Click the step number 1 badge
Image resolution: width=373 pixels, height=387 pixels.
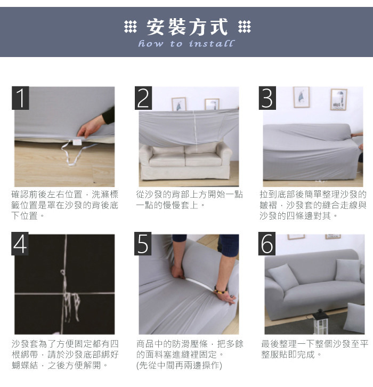point(20,98)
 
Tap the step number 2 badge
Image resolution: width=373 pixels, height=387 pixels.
point(143,98)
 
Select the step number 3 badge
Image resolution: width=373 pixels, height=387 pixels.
point(267,98)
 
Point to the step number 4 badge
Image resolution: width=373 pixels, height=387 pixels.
point(20,244)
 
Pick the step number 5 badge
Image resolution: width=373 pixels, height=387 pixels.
point(143,244)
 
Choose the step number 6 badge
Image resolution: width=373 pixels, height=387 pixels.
point(267,244)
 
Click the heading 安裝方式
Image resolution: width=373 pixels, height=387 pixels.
point(187,27)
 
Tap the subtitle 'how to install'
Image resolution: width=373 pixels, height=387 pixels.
point(186,44)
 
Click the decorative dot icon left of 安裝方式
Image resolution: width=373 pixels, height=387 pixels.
point(130,27)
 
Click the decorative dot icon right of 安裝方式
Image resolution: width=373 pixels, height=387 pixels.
point(245,27)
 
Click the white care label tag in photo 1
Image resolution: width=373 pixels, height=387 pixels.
point(76,142)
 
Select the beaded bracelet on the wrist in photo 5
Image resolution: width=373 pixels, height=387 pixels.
point(220,290)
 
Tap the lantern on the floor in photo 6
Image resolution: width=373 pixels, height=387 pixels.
point(320,321)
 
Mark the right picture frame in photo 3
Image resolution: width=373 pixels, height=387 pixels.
point(339,100)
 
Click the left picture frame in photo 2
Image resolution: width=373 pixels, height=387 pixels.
point(179,104)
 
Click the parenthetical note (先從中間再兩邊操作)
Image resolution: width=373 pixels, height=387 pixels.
point(180,365)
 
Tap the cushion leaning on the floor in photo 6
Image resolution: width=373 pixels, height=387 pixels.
point(354,318)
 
